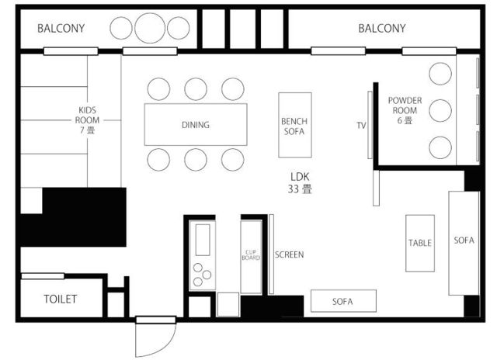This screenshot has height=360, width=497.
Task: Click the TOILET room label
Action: [x=61, y=299]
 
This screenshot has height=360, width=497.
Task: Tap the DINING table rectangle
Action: [x=196, y=124]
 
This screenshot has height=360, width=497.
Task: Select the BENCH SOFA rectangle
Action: [x=295, y=125]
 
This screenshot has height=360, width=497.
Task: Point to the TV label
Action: [x=361, y=126]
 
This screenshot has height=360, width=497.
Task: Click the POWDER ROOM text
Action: [x=405, y=106]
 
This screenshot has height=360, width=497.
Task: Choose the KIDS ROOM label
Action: [x=87, y=116]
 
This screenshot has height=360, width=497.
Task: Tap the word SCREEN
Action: [x=289, y=254]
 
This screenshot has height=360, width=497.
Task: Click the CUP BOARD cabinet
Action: [x=251, y=257]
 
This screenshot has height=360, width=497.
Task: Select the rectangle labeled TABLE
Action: [x=420, y=243]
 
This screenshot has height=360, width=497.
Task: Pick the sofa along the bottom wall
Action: [x=343, y=301]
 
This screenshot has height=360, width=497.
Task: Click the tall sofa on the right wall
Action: [x=464, y=243]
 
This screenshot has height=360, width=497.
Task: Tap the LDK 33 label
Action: [x=300, y=183]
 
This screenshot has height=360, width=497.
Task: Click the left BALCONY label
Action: [x=61, y=29]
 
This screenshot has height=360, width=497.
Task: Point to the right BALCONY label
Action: [x=381, y=29]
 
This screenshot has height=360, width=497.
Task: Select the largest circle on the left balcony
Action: [x=150, y=28]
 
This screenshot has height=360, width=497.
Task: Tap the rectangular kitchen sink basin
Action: [x=203, y=240]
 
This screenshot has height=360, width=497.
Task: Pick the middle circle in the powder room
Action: [x=440, y=110]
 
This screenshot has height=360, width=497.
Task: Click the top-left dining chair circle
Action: [x=158, y=89]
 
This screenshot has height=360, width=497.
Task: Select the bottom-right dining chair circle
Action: [x=233, y=160]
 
